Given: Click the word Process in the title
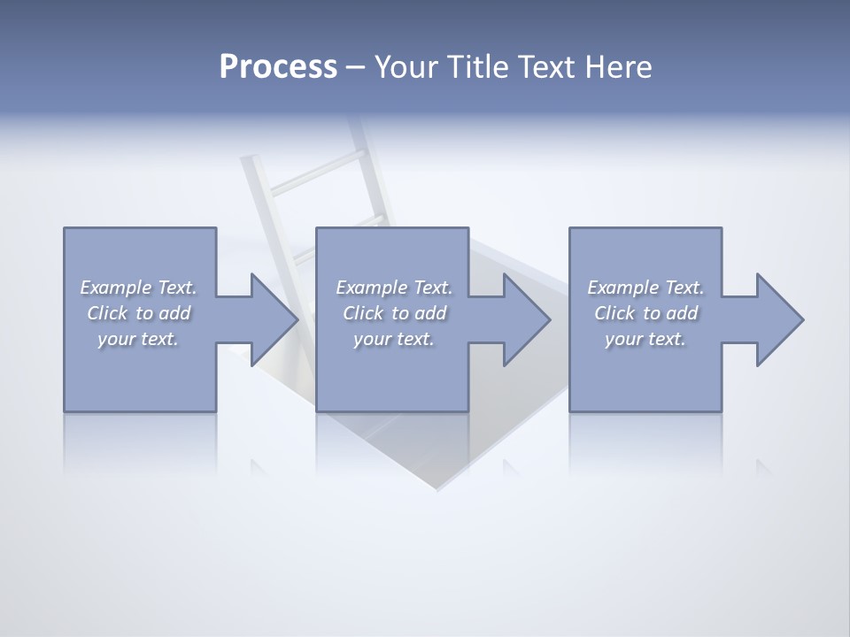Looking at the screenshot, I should click(278, 67).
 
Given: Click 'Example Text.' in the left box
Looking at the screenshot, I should click(139, 288).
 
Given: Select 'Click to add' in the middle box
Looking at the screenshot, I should click(394, 313).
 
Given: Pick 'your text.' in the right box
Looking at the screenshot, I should click(645, 339).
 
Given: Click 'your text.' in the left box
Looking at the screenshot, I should click(139, 339).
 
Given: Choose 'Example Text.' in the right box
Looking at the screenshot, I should click(645, 288).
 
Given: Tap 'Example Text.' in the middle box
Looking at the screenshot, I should click(394, 288).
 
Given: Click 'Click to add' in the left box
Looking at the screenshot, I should click(139, 313).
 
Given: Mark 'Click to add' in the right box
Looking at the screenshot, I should click(645, 313).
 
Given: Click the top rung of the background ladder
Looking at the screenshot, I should click(314, 167).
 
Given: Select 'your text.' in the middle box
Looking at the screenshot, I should click(394, 339).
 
